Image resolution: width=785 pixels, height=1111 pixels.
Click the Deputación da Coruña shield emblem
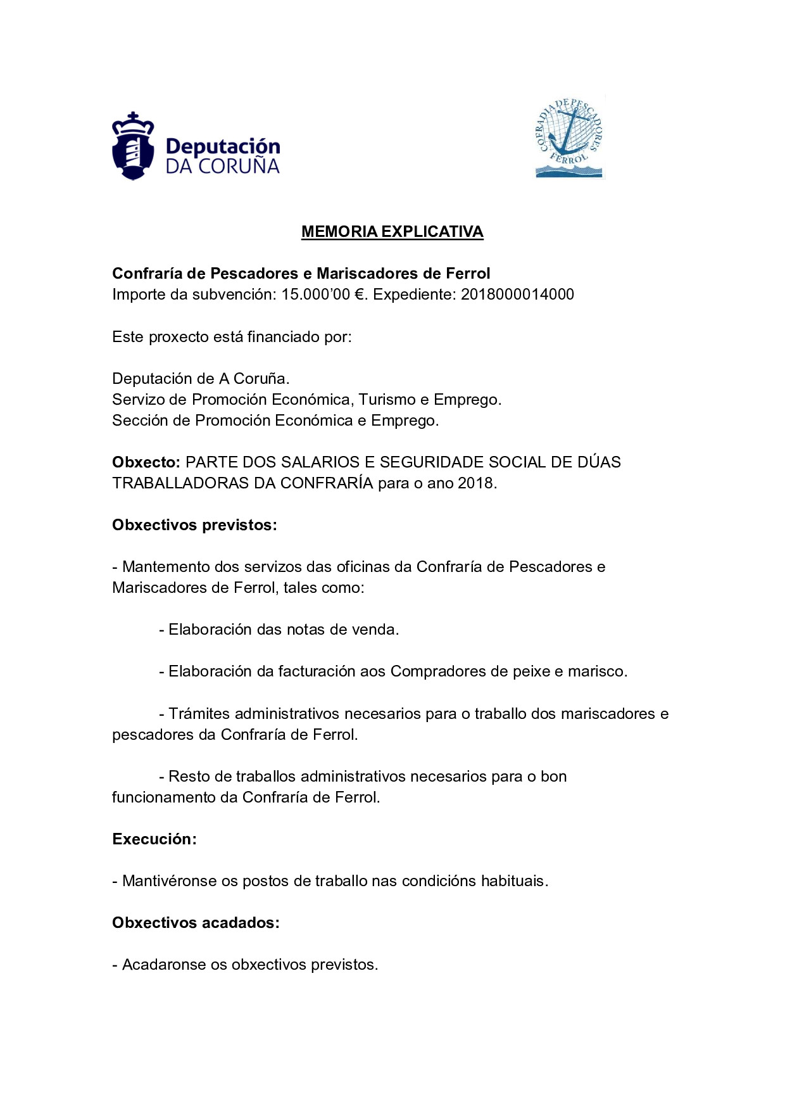click(x=133, y=147)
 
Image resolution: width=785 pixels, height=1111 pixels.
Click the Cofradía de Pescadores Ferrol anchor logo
click(x=570, y=137)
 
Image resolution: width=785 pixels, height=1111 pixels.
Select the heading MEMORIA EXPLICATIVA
click(x=392, y=232)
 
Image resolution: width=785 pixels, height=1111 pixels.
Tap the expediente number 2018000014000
click(x=517, y=295)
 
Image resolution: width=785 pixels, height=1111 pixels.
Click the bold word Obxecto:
click(x=146, y=462)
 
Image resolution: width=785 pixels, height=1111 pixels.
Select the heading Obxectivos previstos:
click(x=194, y=525)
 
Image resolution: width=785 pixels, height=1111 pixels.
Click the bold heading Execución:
click(x=154, y=839)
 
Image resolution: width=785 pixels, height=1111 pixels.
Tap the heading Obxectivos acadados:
click(x=196, y=923)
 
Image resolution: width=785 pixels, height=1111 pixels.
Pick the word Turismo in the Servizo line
click(x=386, y=400)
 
